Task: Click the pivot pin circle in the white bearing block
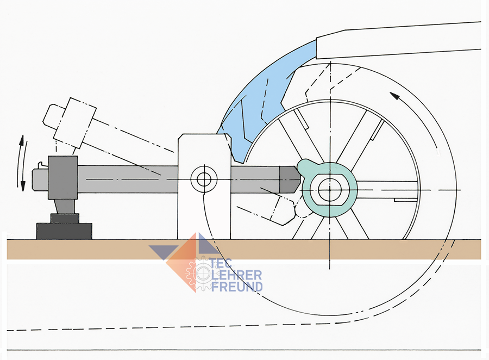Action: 204,178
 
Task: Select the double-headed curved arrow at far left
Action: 22,163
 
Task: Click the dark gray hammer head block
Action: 62,177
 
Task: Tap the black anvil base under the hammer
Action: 64,231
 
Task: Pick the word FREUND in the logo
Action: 236,287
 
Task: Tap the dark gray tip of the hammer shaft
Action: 288,177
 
